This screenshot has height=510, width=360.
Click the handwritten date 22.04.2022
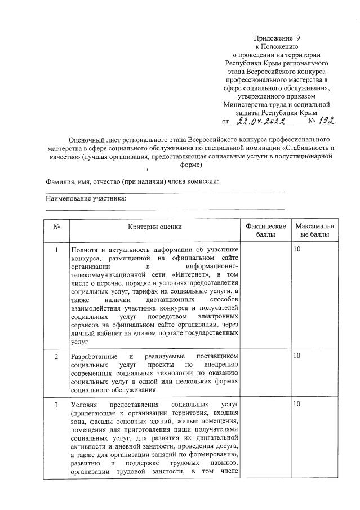(262, 121)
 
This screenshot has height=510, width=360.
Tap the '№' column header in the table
(56, 226)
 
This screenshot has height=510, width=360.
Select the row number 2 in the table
(56, 357)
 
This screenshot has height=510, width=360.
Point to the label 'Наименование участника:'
(86, 199)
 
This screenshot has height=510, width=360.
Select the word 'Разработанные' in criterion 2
(94, 357)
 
